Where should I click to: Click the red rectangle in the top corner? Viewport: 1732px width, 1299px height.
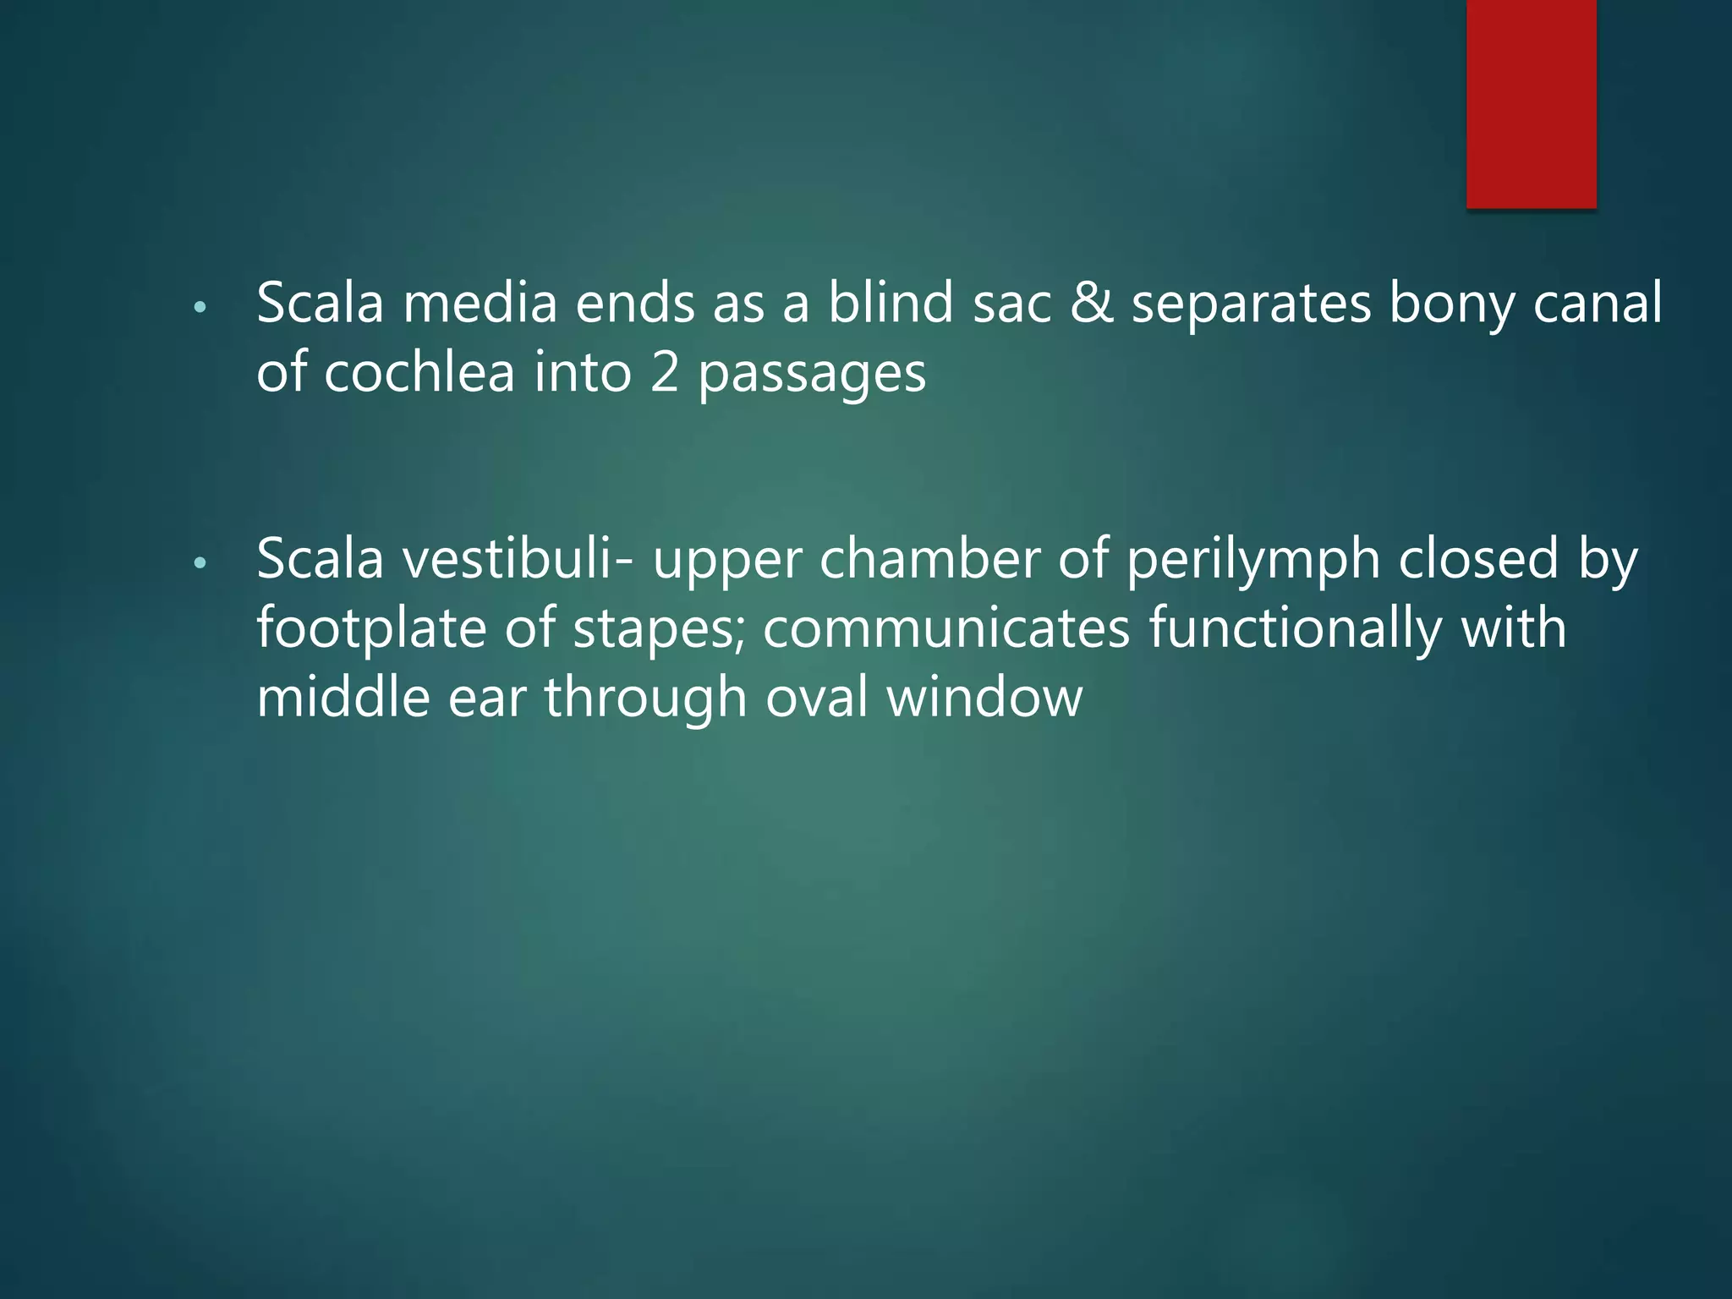coord(1531,103)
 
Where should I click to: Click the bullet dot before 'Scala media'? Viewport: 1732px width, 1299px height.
coord(200,308)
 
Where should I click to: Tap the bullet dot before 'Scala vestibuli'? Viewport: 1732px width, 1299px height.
coord(200,563)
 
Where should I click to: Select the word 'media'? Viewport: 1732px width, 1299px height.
coord(480,303)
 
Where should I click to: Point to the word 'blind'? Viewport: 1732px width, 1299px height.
coord(890,303)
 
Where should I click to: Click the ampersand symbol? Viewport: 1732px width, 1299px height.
coord(1091,303)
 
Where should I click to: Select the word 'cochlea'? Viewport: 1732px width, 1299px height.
coord(419,372)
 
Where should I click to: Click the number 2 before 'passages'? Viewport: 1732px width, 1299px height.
coord(665,372)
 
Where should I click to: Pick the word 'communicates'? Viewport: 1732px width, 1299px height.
coord(945,629)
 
